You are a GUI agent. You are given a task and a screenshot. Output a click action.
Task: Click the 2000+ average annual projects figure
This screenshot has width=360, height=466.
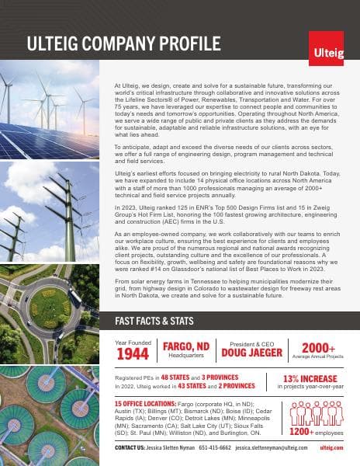(x=317, y=348)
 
